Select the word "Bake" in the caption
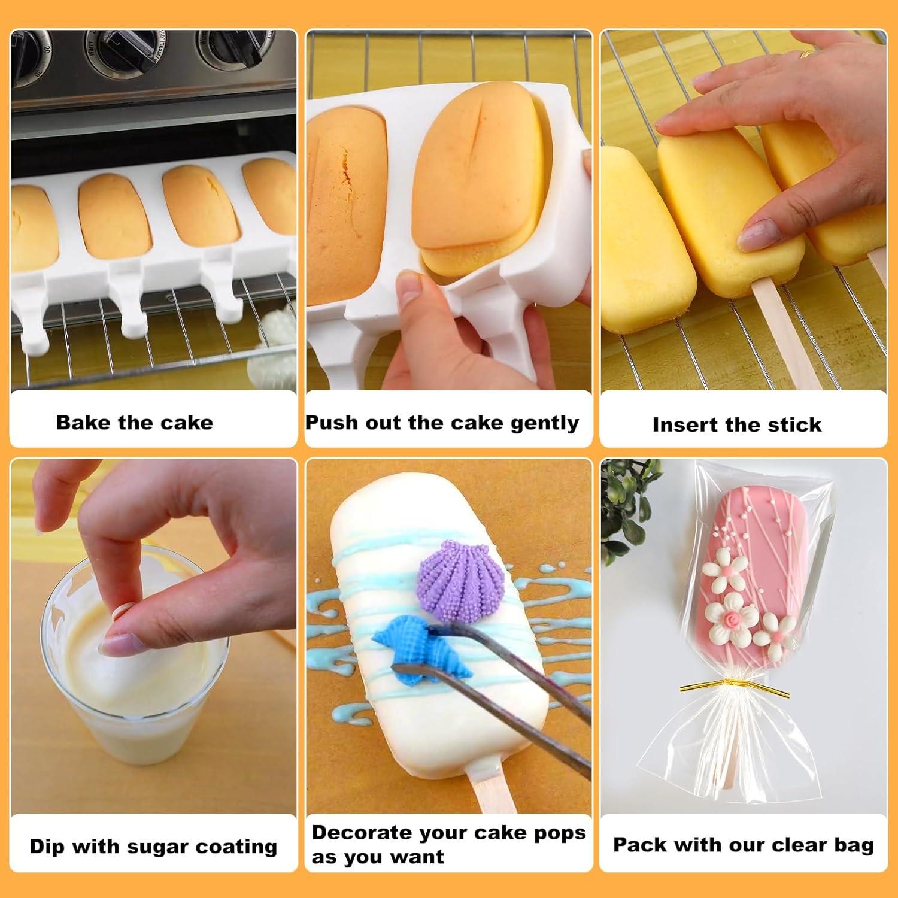point(83,422)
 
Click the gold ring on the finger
point(808,54)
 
